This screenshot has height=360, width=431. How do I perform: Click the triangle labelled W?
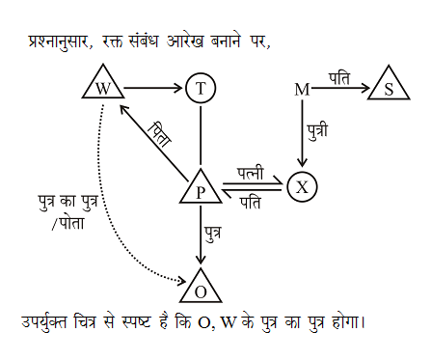(101, 87)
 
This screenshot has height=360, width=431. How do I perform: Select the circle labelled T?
(201, 88)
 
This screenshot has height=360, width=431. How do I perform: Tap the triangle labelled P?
(201, 189)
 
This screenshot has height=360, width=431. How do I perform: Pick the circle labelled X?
(302, 186)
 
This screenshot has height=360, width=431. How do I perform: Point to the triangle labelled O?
(201, 288)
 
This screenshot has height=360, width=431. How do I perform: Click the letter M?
(301, 90)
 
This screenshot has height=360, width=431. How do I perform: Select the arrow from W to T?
(152, 88)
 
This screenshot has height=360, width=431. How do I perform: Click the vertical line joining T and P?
(201, 135)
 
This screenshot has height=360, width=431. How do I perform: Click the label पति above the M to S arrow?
(339, 75)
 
